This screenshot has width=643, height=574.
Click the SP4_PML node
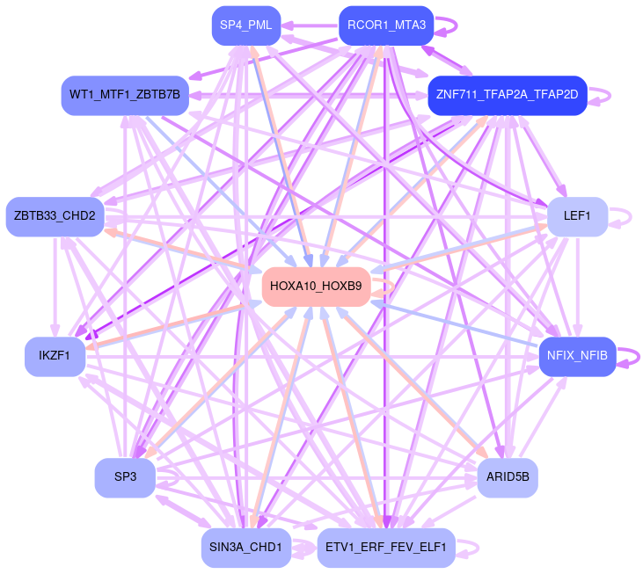click(246, 25)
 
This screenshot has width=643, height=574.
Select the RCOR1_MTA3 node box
click(386, 25)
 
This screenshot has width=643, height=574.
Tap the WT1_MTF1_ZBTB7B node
click(124, 94)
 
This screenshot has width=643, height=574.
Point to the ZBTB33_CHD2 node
click(55, 216)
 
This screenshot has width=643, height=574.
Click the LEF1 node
click(577, 215)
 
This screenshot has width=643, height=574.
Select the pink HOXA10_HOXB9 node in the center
click(316, 287)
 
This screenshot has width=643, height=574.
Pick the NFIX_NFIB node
click(576, 356)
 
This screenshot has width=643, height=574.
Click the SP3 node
click(125, 477)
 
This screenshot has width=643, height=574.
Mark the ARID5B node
click(507, 477)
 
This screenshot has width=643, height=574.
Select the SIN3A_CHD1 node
click(245, 548)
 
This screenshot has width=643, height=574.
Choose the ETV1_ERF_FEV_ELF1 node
click(385, 548)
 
